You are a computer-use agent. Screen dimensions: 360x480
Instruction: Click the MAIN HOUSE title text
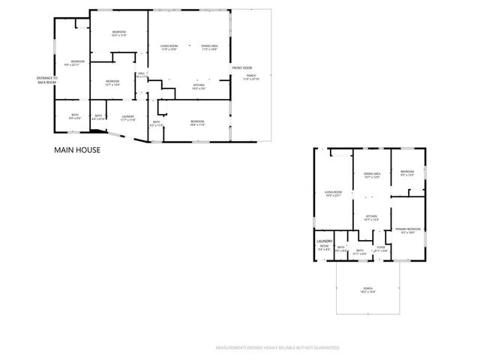(x=77, y=149)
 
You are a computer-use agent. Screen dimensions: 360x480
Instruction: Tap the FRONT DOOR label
(x=241, y=67)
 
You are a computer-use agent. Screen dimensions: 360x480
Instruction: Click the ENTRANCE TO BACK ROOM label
(x=46, y=79)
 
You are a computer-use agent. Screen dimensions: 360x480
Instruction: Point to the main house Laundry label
(x=128, y=117)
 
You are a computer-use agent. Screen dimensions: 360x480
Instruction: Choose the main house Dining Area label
(x=209, y=48)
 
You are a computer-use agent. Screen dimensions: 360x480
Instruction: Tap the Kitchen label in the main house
(x=199, y=87)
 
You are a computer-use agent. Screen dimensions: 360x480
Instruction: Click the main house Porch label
(x=251, y=76)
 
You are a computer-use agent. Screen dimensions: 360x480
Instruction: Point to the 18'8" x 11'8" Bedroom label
(x=197, y=123)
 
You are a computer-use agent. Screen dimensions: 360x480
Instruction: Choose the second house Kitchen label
(x=371, y=218)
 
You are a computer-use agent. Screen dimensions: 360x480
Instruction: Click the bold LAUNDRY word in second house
(x=324, y=241)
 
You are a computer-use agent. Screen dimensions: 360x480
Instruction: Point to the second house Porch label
(x=368, y=289)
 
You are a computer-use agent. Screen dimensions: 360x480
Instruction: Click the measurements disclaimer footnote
(x=277, y=348)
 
